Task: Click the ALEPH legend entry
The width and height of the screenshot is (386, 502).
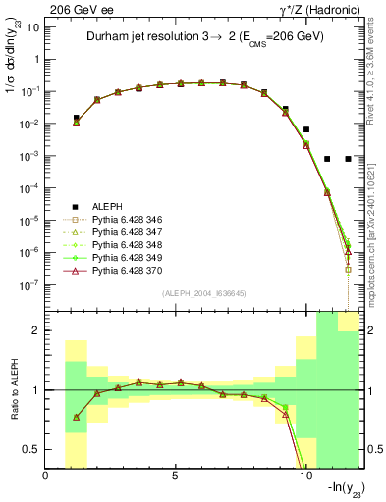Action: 107,206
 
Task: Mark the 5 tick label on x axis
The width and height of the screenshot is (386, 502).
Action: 176,477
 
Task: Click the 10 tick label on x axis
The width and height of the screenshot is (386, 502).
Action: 305,477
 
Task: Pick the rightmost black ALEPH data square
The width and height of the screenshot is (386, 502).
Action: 348,158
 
